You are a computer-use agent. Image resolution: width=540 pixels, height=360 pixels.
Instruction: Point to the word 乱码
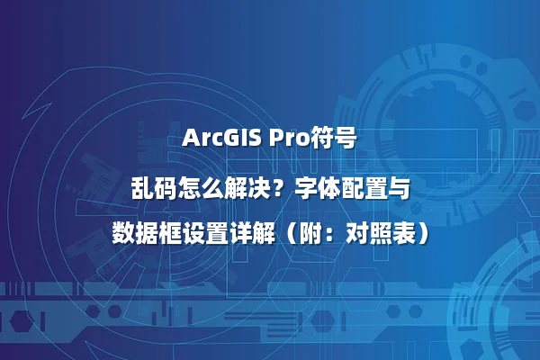[x=152, y=188]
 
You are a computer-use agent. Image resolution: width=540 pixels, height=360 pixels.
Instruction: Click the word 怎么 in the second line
[x=199, y=188]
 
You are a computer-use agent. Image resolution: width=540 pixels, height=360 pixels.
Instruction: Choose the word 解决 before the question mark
[x=247, y=188]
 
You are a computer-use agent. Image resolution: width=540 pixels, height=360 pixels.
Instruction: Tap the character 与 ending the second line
[x=400, y=188]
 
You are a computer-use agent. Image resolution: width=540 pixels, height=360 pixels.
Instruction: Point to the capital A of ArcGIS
[x=190, y=139]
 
